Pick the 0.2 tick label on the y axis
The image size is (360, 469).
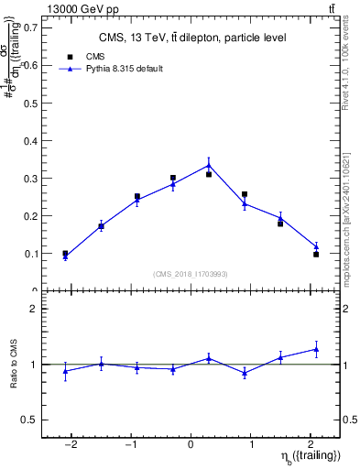[30, 215]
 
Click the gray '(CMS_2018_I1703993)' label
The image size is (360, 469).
[191, 273]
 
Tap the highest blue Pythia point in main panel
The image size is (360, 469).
[209, 165]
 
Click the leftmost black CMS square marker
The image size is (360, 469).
[65, 253]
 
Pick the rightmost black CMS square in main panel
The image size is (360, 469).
[315, 254]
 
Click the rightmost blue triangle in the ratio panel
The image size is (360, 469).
[315, 349]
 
